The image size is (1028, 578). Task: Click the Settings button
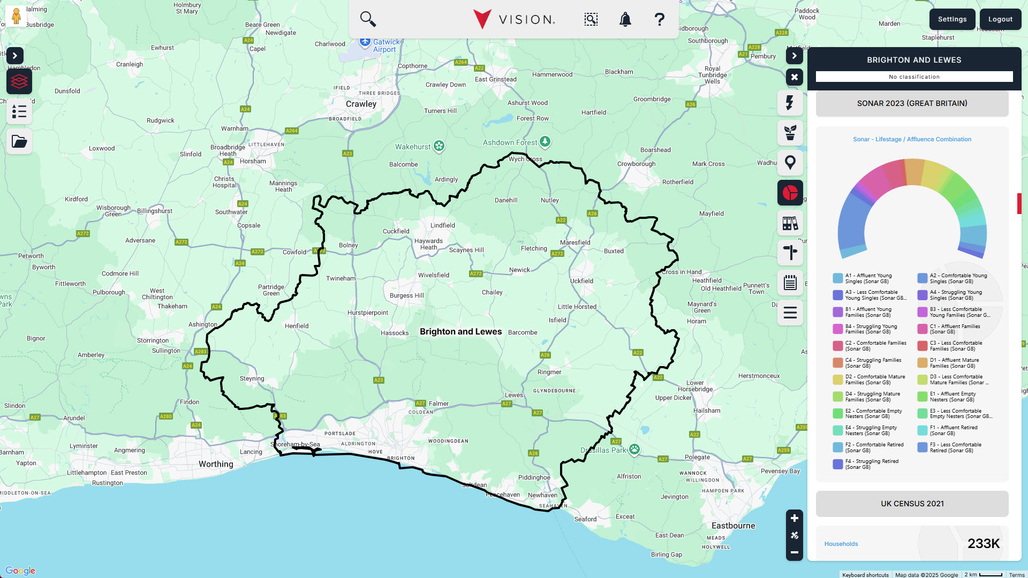point(952,19)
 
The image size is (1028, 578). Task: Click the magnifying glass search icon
point(368,19)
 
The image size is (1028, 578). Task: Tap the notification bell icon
point(625,20)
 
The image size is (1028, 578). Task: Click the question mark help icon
point(660,20)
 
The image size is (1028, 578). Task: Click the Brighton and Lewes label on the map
point(460,332)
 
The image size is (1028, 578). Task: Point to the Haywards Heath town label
point(428,244)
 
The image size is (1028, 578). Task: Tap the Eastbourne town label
point(733,526)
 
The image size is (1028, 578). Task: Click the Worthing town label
point(216,464)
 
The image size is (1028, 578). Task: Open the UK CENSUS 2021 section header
point(912,504)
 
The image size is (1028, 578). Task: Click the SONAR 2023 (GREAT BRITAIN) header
point(912,103)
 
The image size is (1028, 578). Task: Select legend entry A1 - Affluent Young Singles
point(867,278)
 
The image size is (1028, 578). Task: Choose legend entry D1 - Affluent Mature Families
point(953,363)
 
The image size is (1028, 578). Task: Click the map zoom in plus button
point(794,518)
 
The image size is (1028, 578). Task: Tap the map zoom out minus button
point(794,552)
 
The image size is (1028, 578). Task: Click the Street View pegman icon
point(16,16)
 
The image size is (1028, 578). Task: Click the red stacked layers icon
point(19,81)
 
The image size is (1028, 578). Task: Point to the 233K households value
point(983,544)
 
